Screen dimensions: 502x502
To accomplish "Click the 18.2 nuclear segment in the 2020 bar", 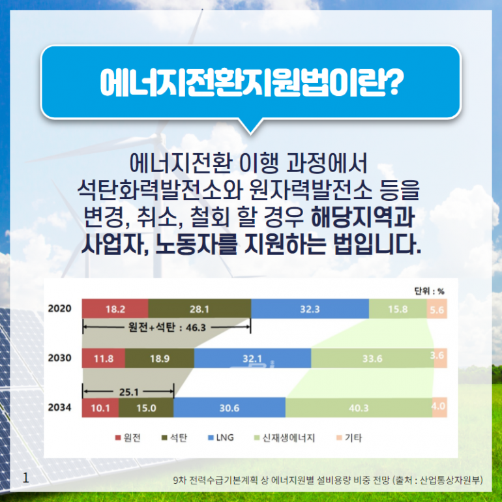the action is click(x=115, y=309).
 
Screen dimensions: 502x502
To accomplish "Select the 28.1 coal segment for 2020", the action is click(x=199, y=309).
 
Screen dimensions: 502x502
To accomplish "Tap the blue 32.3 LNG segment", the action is click(x=310, y=309).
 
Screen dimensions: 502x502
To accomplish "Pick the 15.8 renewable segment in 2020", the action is click(x=398, y=309).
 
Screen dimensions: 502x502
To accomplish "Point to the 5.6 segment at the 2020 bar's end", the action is click(x=437, y=309).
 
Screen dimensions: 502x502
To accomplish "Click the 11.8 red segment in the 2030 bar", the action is click(x=104, y=359).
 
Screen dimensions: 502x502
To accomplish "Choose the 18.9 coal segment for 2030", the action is click(x=160, y=359).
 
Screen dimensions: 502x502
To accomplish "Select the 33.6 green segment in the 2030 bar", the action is click(x=372, y=359).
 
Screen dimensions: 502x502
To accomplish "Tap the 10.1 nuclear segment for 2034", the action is click(x=100, y=408).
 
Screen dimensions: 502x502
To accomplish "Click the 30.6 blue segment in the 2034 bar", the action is click(x=229, y=408).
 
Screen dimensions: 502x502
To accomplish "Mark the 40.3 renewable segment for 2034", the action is click(x=359, y=408).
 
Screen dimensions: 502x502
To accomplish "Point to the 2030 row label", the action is click(x=59, y=358).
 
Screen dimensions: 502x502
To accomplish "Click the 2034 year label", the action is click(x=59, y=407).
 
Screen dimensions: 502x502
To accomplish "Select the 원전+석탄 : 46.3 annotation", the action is click(x=167, y=327).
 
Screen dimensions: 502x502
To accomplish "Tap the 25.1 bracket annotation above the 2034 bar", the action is click(x=128, y=392).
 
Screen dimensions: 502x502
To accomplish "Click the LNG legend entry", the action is click(x=221, y=437).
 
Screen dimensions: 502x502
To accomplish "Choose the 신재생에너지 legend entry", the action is click(x=285, y=437).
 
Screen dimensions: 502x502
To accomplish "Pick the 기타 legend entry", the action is click(x=349, y=437).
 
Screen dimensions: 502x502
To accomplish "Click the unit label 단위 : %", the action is click(x=430, y=291).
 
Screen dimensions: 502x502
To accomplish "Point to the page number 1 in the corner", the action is click(x=25, y=478).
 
